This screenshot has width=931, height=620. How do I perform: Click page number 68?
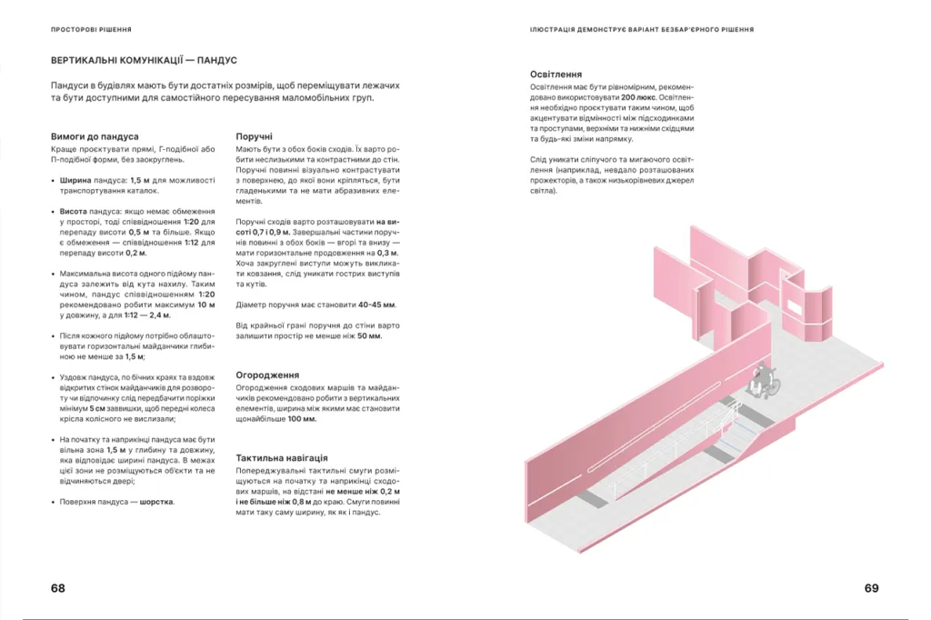point(58,588)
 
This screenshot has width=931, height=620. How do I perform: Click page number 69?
point(871,588)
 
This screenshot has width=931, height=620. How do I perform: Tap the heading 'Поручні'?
point(254,136)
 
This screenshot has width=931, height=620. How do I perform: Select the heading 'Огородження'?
point(267,375)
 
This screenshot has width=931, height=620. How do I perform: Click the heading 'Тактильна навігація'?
point(282,458)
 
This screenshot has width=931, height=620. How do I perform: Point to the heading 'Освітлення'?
point(556,75)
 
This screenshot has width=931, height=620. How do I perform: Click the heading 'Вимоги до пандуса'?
point(95,136)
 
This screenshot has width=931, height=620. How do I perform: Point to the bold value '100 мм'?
point(302,419)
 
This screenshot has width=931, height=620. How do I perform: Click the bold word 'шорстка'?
point(156,501)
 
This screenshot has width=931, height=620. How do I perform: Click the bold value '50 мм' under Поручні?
point(369,335)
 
